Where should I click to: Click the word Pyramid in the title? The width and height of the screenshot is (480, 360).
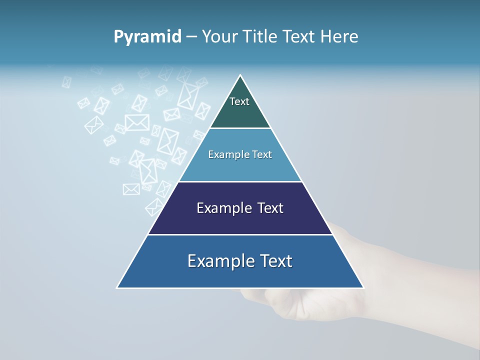(x=147, y=37)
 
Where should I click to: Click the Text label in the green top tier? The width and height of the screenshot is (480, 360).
(x=239, y=101)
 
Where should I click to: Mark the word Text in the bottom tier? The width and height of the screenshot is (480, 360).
(x=275, y=261)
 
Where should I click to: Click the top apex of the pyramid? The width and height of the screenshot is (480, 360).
(x=240, y=75)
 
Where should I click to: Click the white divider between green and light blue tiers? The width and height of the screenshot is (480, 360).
(x=240, y=128)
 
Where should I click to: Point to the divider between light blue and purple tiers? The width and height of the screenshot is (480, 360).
(x=240, y=181)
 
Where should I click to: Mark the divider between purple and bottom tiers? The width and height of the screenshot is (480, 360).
(x=240, y=234)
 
